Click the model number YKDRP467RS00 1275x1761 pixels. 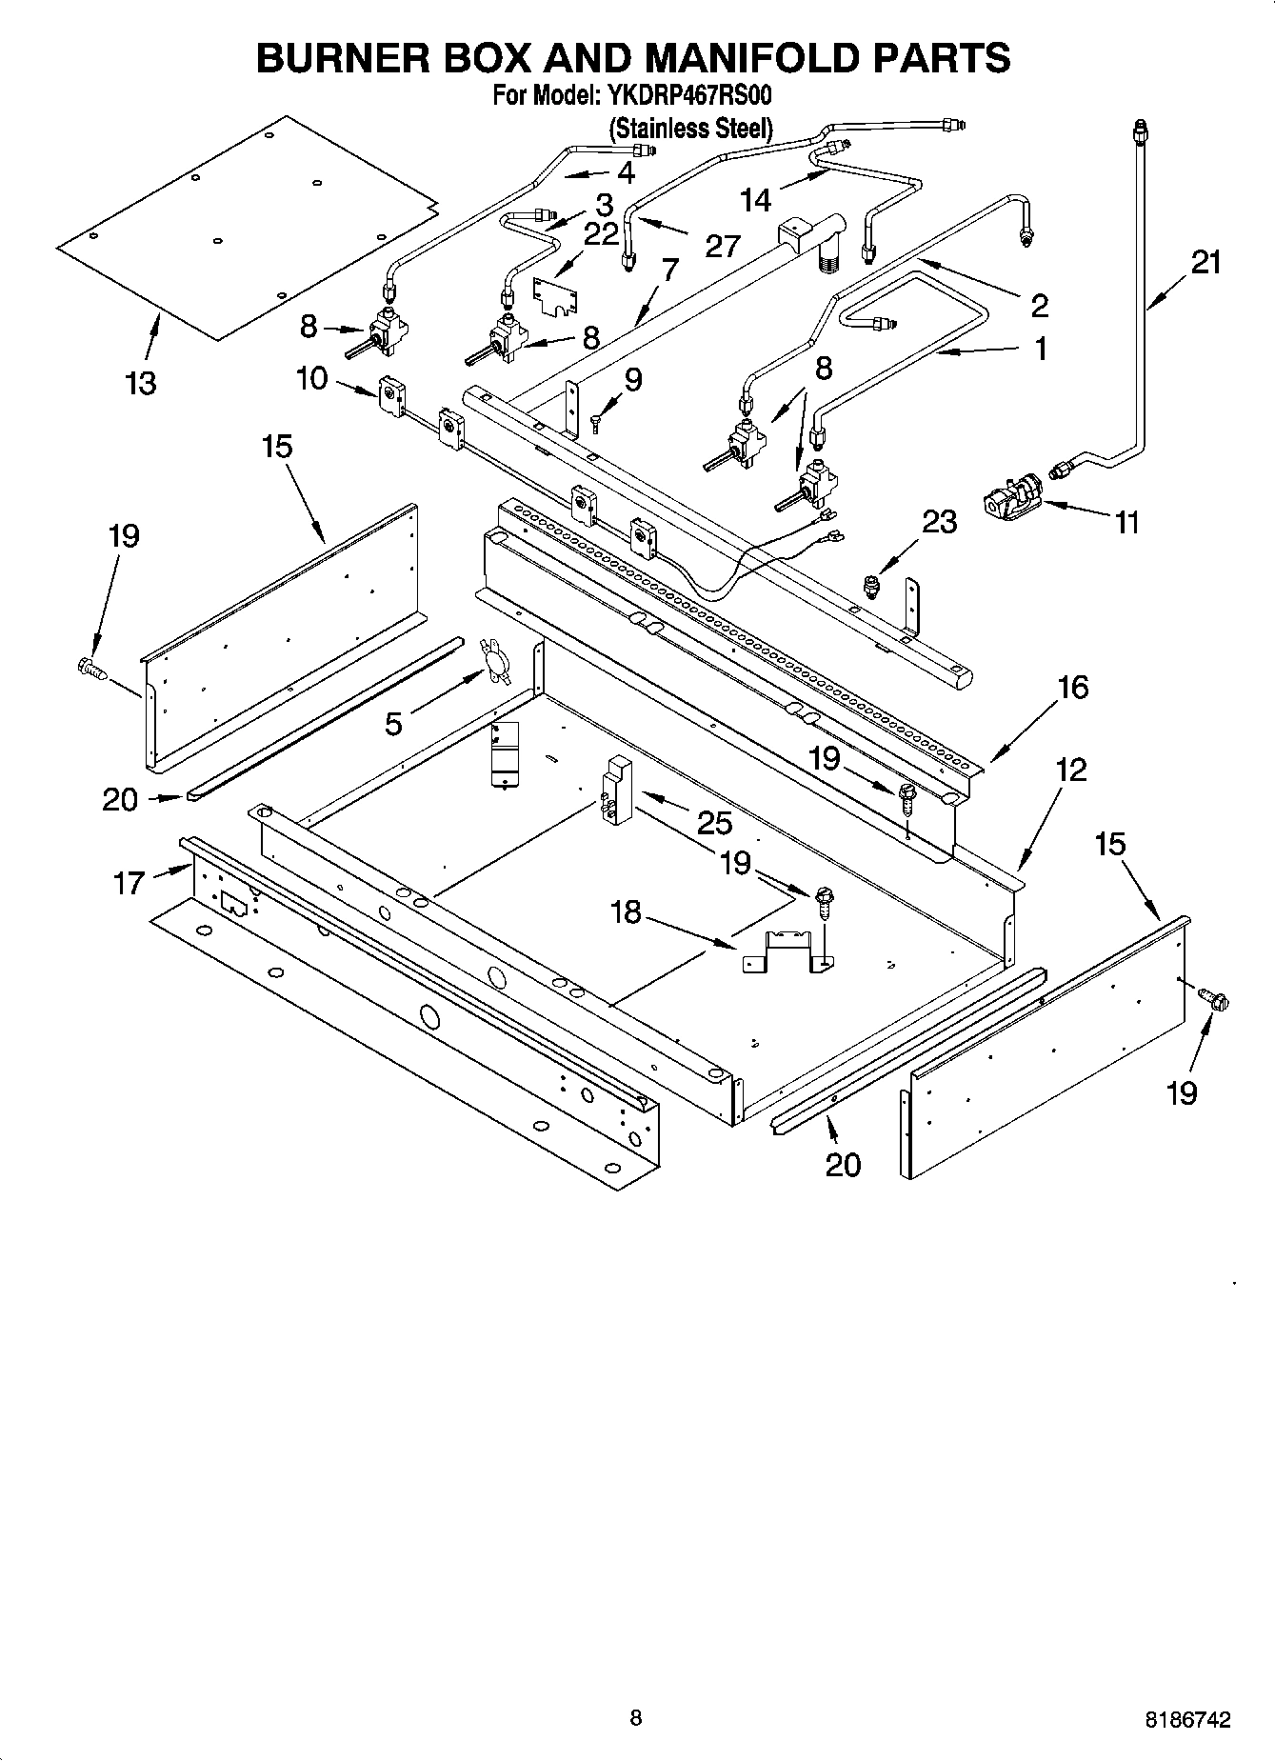[683, 96]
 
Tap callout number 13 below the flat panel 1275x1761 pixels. [140, 383]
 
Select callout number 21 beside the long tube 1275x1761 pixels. [1205, 262]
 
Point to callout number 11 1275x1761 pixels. [1126, 522]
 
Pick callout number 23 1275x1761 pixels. [939, 522]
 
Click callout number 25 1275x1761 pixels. [714, 823]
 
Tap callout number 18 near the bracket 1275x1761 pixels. [625, 913]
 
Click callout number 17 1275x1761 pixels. [129, 883]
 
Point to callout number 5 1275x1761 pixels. [393, 724]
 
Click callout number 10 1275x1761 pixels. [311, 378]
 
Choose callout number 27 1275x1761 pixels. [723, 246]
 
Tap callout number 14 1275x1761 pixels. [755, 200]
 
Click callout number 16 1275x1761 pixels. [1072, 687]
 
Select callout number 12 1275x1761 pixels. [1070, 770]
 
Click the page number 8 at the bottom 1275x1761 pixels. [636, 1718]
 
